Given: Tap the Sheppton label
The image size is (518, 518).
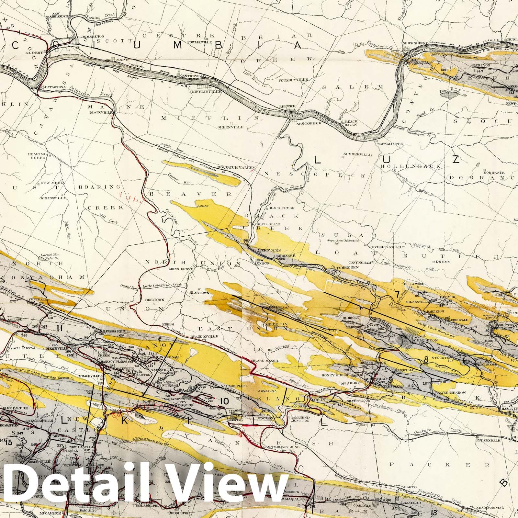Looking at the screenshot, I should pyautogui.click(x=271, y=324).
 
